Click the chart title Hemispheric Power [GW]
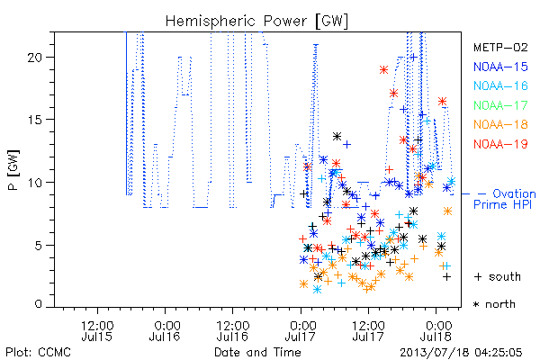(256, 22)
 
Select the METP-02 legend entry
(500, 47)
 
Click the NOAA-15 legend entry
(500, 67)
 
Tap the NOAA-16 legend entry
(500, 85)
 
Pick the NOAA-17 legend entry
(500, 105)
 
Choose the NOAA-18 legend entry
(500, 124)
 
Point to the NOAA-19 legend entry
(500, 144)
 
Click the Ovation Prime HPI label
(504, 199)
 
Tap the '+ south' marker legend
(498, 276)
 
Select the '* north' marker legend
(494, 304)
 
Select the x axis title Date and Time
(257, 353)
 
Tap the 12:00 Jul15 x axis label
(97, 331)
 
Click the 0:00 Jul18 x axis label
(436, 331)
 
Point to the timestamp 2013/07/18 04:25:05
(461, 353)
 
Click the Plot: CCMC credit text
(38, 353)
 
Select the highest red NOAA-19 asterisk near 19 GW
(383, 70)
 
